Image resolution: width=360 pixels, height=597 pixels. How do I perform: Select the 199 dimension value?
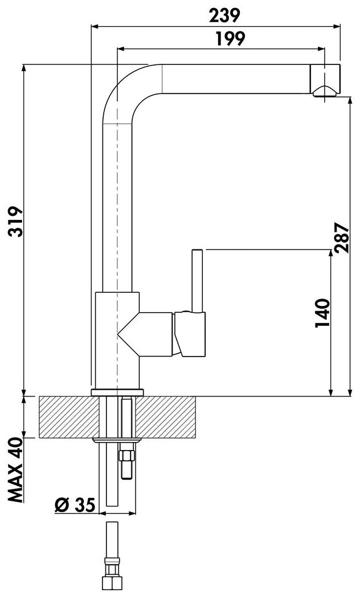tap(231, 39)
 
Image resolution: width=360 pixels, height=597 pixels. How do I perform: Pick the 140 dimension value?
tap(322, 313)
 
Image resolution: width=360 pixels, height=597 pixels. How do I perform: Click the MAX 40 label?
tap(15, 471)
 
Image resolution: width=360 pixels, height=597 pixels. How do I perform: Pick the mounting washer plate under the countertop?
tap(116, 440)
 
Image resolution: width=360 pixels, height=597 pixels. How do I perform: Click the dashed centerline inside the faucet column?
tap(117, 228)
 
